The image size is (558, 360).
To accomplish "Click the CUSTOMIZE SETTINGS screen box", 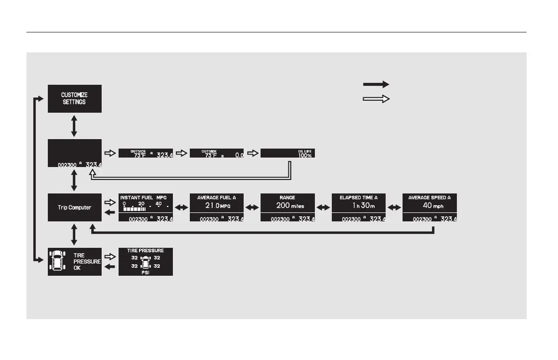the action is tap(75, 98).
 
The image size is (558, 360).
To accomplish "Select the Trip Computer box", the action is tap(75, 207).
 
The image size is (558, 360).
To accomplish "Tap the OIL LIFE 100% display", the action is tap(287, 153).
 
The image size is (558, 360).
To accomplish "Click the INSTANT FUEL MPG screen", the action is tap(145, 207).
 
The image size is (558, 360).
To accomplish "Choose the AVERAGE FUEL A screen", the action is tap(217, 207).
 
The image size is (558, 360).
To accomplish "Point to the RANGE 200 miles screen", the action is tap(287, 207).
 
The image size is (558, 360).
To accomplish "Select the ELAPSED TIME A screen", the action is tap(359, 207).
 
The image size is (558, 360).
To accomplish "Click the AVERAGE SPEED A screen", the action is tap(429, 207).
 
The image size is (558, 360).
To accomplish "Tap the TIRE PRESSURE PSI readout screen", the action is tap(145, 262).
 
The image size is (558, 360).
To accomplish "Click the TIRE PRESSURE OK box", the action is tap(75, 262).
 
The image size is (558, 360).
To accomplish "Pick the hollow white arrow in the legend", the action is tap(376, 99).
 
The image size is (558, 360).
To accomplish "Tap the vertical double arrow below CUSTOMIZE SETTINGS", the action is tap(74, 126).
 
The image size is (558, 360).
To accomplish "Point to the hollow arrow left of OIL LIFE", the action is tap(253, 153).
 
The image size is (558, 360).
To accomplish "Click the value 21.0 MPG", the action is tap(217, 205).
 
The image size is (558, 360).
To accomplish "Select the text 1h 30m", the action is tap(359, 205).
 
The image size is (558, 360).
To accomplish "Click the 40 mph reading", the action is tap(429, 205).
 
